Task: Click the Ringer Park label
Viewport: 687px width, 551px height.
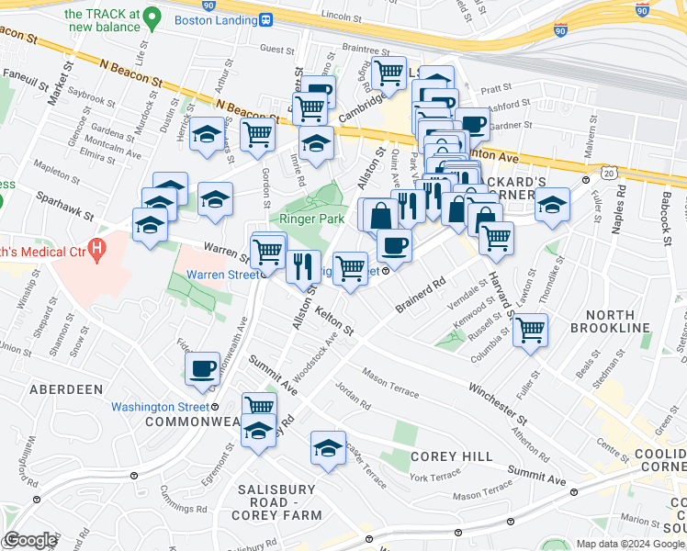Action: tap(311, 219)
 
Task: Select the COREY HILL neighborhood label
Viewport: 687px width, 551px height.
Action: tap(441, 456)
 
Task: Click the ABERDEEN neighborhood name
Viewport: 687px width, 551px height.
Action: tap(65, 389)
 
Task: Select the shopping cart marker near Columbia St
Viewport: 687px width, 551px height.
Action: tap(530, 329)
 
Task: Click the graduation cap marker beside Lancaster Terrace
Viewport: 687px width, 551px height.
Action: tap(328, 447)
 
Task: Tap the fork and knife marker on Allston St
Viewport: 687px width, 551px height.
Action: tap(303, 266)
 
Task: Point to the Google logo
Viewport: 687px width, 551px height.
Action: tap(29, 540)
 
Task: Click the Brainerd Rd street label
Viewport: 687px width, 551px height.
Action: tap(422, 293)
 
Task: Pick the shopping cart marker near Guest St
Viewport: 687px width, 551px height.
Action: tap(310, 107)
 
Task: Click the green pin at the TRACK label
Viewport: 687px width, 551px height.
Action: tap(154, 17)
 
